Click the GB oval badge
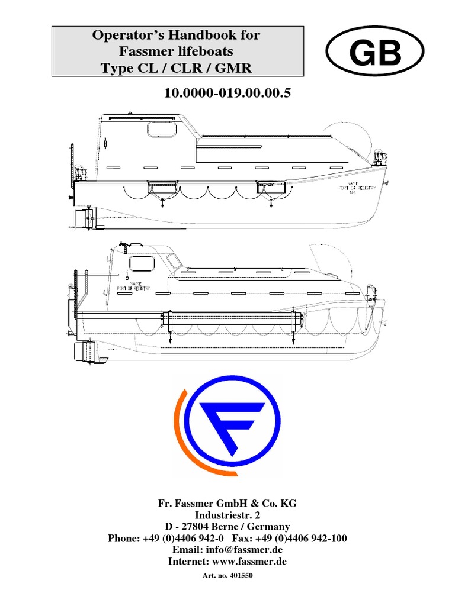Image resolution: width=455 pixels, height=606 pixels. tap(376, 54)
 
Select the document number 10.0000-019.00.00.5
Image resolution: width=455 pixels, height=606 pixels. tap(227, 93)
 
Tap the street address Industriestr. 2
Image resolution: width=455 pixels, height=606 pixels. tap(227, 515)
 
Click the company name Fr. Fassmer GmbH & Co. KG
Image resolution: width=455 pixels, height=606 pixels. tap(227, 503)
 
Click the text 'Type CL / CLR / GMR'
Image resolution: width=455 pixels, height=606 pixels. tap(177, 68)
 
